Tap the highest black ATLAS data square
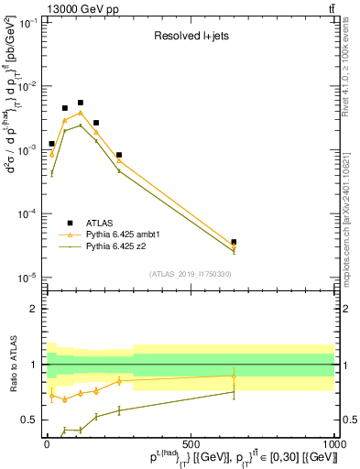point(81,103)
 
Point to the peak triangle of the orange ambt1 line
point(81,113)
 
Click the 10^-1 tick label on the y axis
point(29,22)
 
